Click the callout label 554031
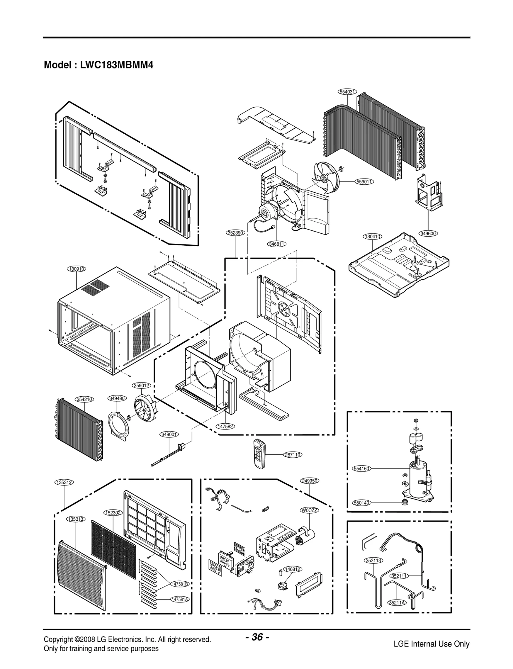tap(348, 92)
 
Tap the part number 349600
tap(428, 233)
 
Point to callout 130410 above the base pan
tap(372, 237)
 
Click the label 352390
tap(235, 233)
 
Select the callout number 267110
tap(292, 455)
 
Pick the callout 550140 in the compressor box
tap(361, 503)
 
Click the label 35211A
tap(397, 603)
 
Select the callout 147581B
tap(180, 584)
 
